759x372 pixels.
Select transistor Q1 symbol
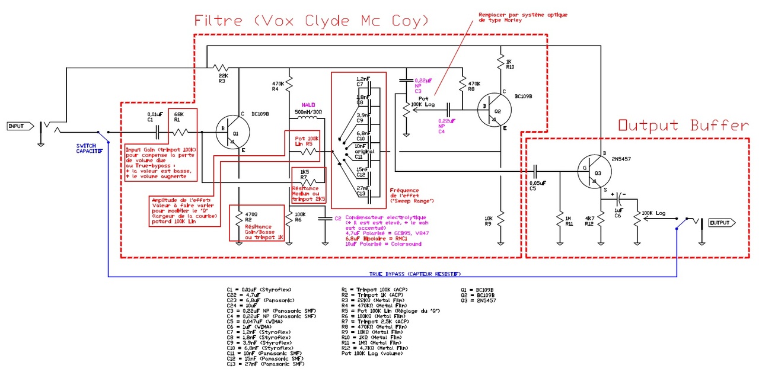(x=232, y=133)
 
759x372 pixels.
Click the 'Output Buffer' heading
(x=683, y=126)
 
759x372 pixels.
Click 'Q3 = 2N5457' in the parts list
(x=478, y=301)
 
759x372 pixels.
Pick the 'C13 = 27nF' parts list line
(x=259, y=364)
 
